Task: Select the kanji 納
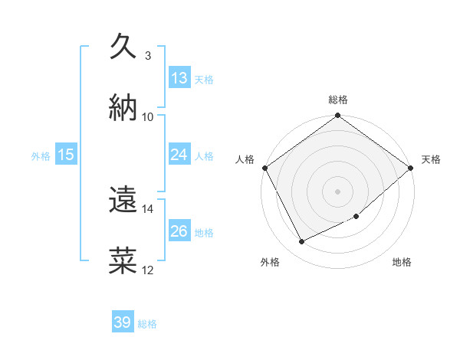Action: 123,106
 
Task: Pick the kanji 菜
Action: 123,260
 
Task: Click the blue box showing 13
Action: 179,78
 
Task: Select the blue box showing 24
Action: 179,155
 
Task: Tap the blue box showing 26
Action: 179,231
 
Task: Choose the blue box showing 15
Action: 66,155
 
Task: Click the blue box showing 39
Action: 123,322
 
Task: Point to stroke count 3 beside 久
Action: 148,55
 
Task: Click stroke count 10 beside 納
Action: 148,116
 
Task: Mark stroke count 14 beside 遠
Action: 148,208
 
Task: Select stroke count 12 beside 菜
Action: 148,270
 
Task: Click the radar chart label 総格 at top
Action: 338,100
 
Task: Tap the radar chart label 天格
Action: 431,159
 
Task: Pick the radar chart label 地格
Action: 402,262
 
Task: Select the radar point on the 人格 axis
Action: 264,168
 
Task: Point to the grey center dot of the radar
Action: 338,191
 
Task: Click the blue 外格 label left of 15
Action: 41,155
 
